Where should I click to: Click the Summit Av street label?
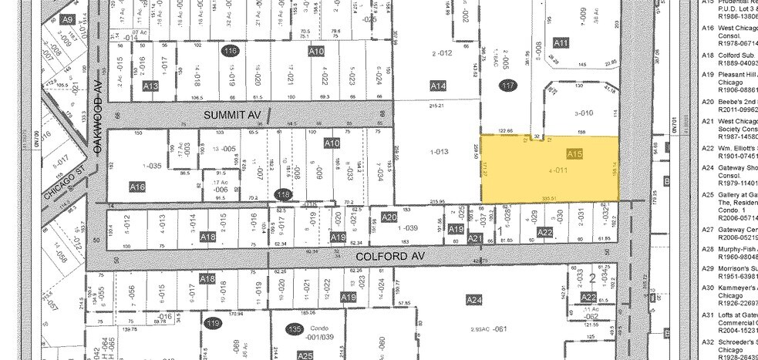[x=233, y=114]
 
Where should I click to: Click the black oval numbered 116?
[x=229, y=51]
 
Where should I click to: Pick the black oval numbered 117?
[x=507, y=85]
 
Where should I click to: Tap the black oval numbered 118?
[x=283, y=197]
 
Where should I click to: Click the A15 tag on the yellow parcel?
[x=574, y=154]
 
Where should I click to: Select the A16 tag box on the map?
[x=137, y=187]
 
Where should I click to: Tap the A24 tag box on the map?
[x=473, y=298]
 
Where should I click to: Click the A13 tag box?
[x=151, y=87]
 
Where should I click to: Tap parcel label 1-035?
[x=151, y=165]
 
